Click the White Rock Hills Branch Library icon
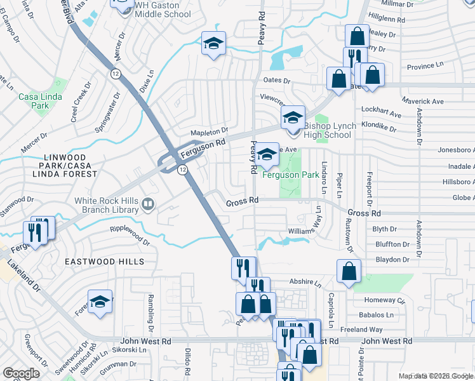click(148, 204)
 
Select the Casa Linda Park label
click(34, 101)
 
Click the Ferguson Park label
click(290, 174)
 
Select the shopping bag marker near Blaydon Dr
click(349, 271)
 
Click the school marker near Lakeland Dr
click(100, 302)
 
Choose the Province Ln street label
click(425, 66)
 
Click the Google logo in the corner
click(21, 373)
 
